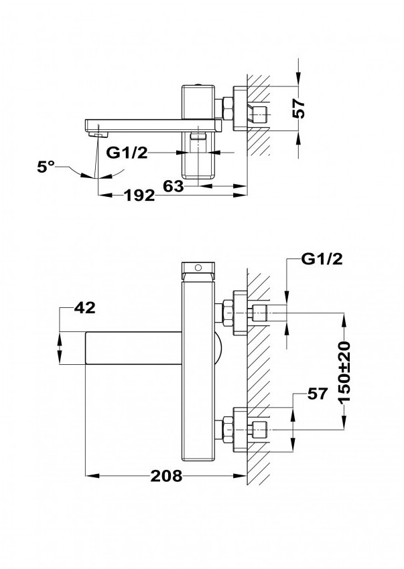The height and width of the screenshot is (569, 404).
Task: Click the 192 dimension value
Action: click(x=139, y=196)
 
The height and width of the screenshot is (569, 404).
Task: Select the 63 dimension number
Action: click(x=174, y=186)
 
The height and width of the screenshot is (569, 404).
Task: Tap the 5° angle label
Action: click(x=46, y=167)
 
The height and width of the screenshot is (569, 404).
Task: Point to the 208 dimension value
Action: click(x=166, y=476)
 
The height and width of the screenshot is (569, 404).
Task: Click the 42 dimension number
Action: click(x=84, y=308)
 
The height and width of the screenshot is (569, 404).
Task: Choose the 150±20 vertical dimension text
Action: click(x=344, y=372)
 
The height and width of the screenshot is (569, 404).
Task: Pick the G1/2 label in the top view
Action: click(x=127, y=153)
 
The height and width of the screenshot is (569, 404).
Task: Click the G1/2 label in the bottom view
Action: click(x=322, y=259)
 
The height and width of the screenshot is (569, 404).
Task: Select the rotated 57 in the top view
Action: click(x=299, y=108)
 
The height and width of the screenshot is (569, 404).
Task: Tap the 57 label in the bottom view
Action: click(x=318, y=394)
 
